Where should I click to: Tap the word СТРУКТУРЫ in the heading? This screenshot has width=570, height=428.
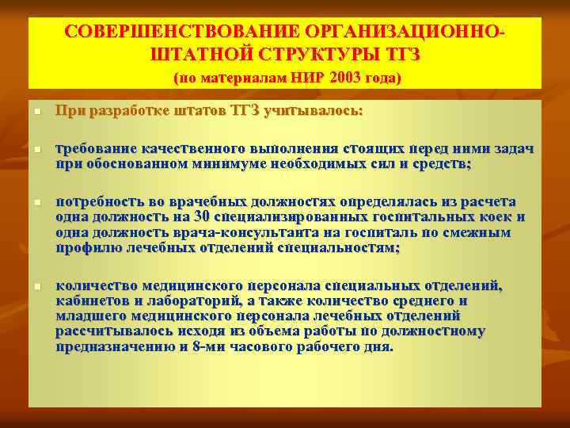tap(321, 55)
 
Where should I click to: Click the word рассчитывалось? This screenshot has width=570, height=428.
tap(110, 332)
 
